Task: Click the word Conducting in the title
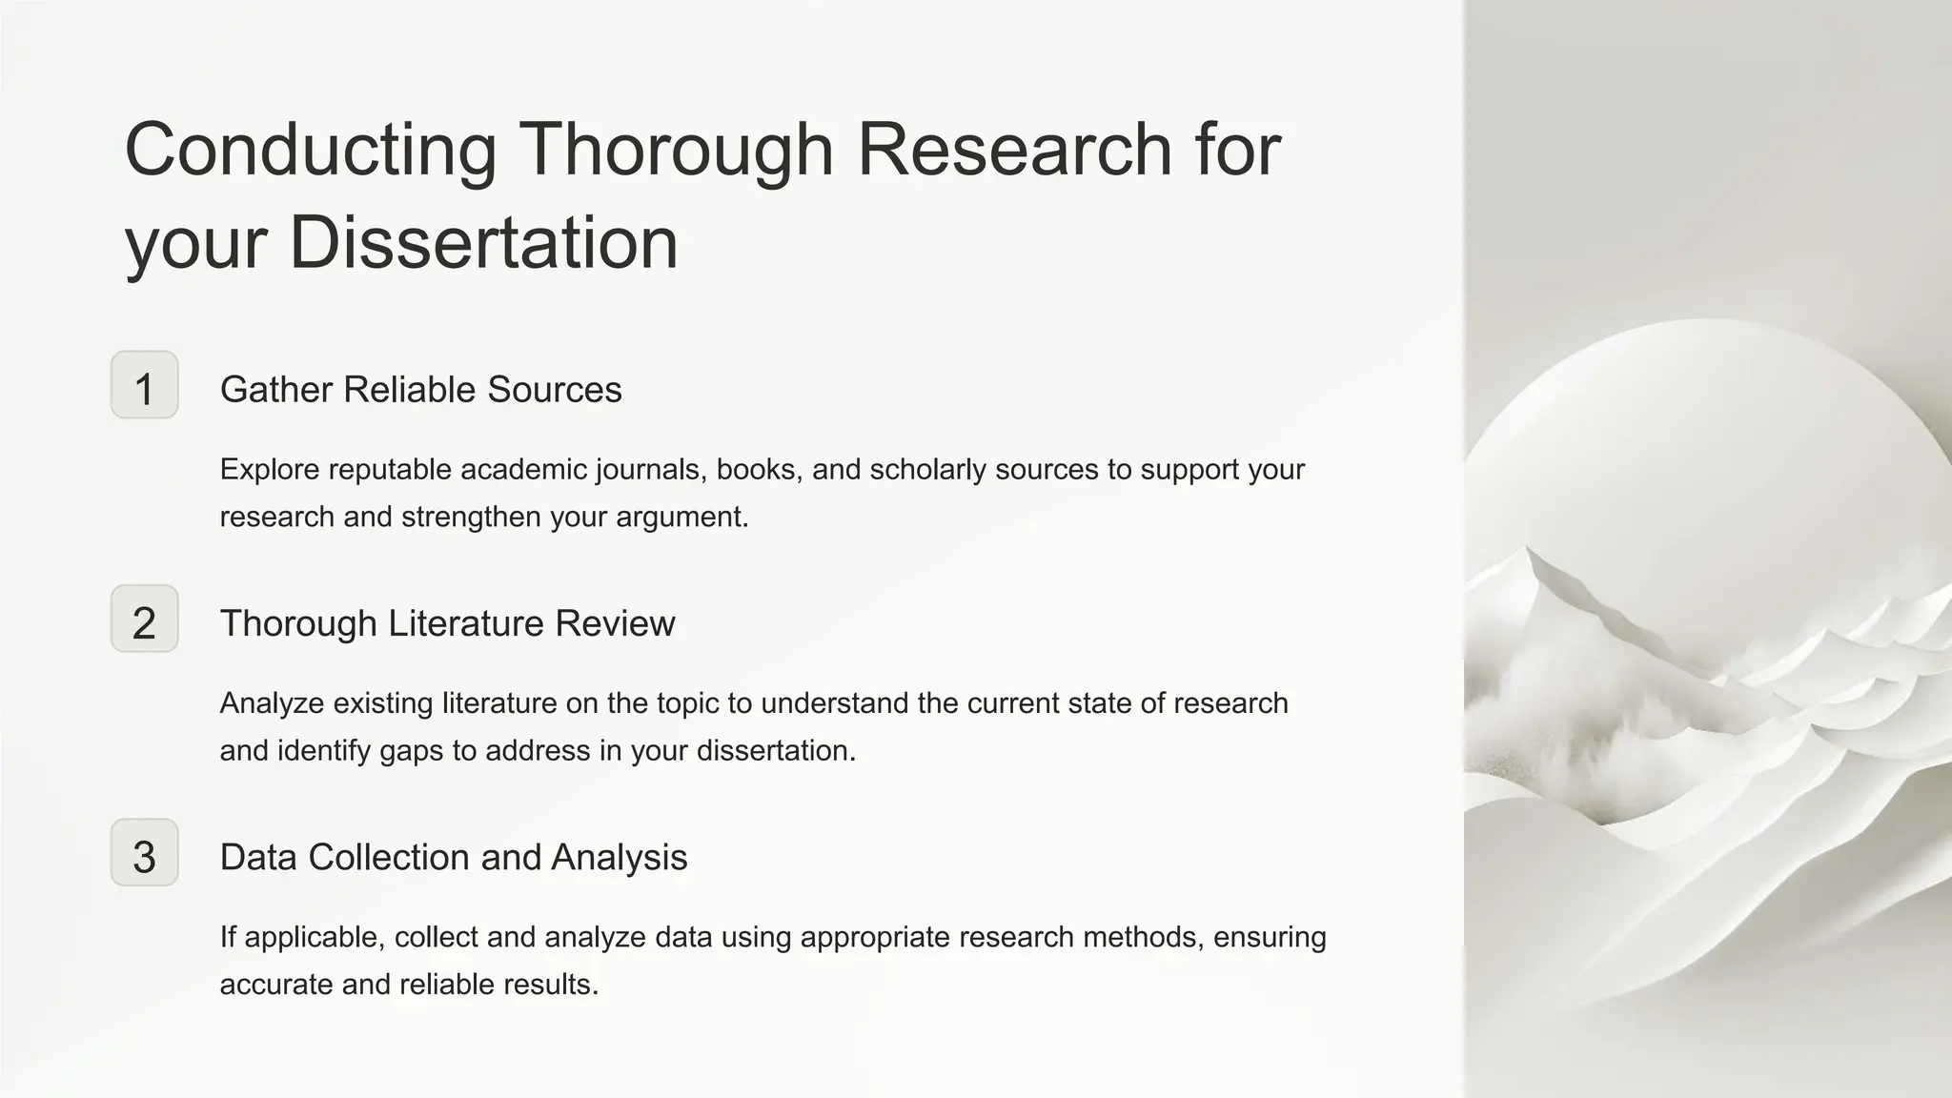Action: pyautogui.click(x=311, y=150)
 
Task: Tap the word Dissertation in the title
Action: pyautogui.click(x=483, y=242)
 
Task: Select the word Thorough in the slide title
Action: pyautogui.click(x=676, y=150)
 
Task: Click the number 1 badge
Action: pyautogui.click(x=144, y=385)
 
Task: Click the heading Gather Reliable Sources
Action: pyautogui.click(x=420, y=390)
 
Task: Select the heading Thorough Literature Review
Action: pyautogui.click(x=447, y=623)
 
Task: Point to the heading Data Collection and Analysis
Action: pyautogui.click(x=453, y=857)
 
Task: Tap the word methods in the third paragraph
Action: pyautogui.click(x=1145, y=938)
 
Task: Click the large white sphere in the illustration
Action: pyautogui.click(x=1706, y=457)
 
